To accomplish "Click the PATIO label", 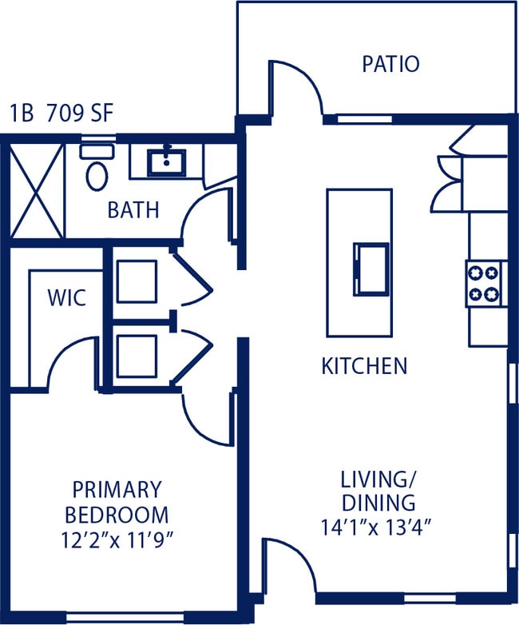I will point(390,64).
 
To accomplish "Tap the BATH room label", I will point(133,210).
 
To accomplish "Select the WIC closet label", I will point(66,298).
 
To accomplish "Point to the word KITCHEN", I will point(364,366).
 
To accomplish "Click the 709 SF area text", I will point(80,113).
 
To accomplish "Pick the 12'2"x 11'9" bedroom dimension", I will point(117,539).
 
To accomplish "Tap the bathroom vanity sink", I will point(167,163).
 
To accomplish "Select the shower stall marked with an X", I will point(36,191).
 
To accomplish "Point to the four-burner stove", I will point(486,284).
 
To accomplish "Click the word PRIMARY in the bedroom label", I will point(117,488).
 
